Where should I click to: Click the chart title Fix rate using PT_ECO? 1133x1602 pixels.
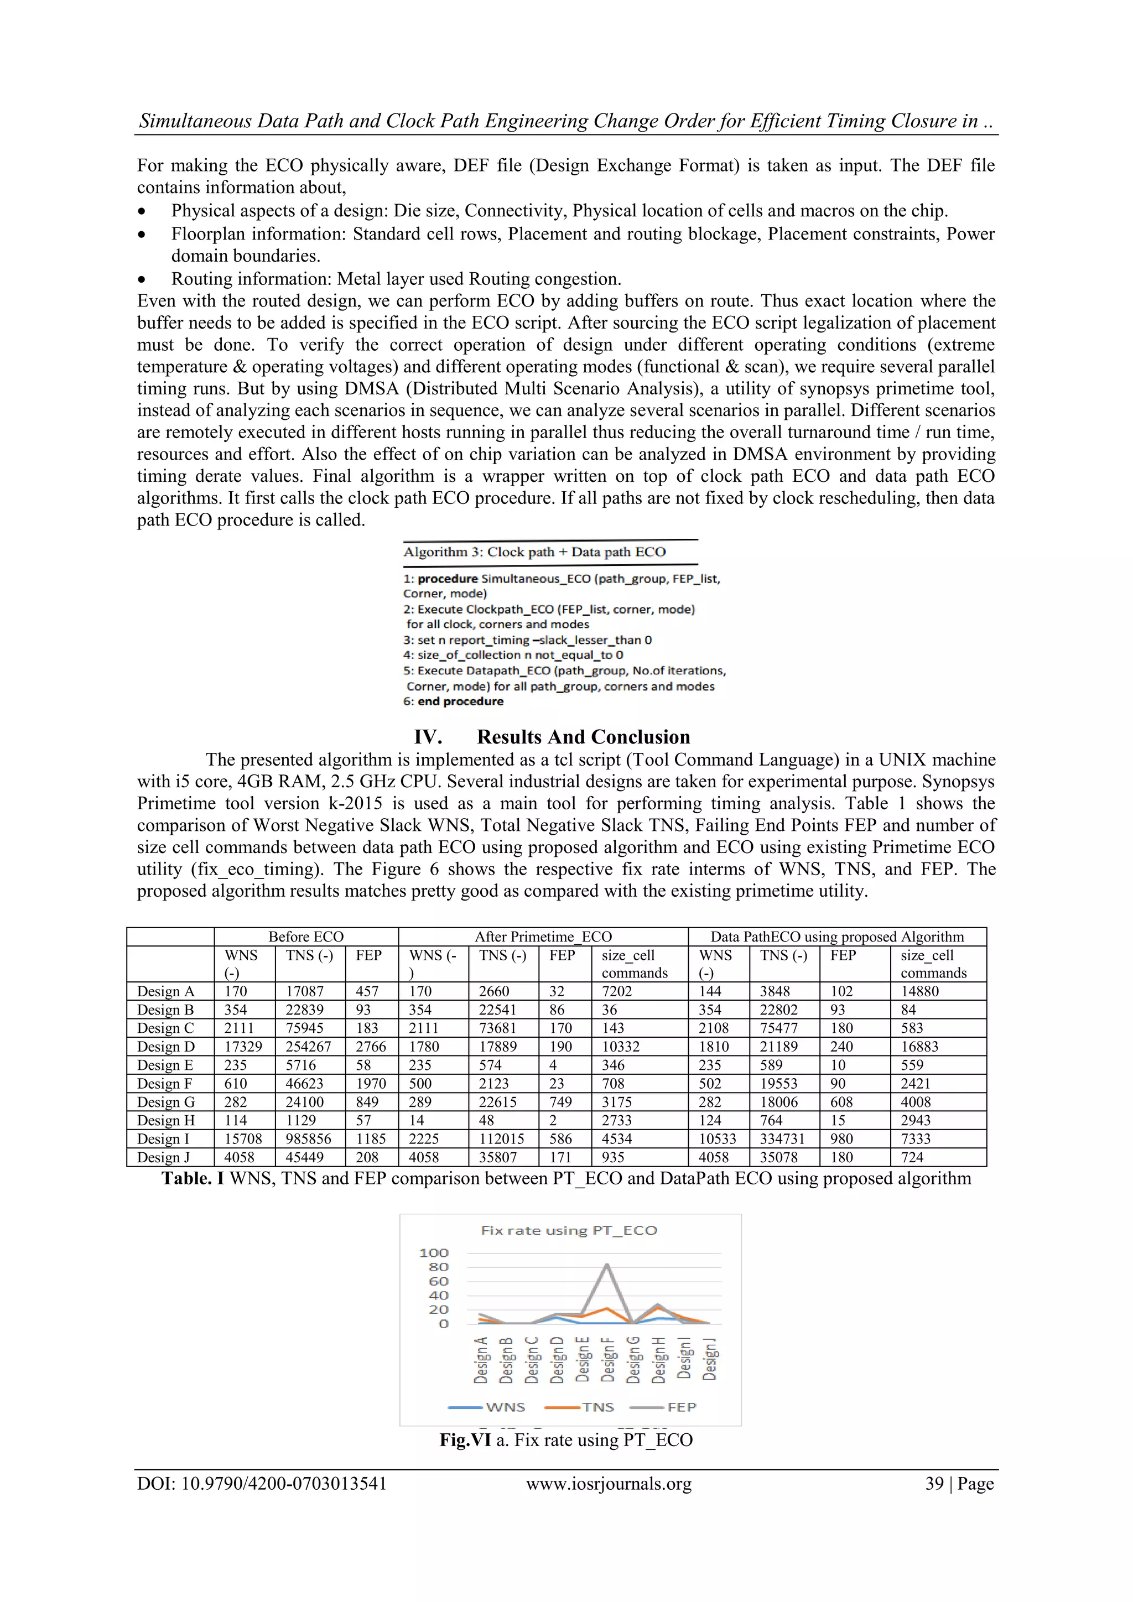click(569, 1230)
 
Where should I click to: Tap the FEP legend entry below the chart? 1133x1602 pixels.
click(681, 1407)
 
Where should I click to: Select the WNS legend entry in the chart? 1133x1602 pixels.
click(505, 1407)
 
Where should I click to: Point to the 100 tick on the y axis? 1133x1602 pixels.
click(433, 1253)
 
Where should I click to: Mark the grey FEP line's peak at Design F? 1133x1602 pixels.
click(607, 1265)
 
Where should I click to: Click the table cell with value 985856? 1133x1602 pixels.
click(308, 1138)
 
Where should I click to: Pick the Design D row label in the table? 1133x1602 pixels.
click(166, 1047)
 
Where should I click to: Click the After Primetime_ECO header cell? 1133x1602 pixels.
click(543, 937)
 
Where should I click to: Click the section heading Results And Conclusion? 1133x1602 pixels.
click(583, 737)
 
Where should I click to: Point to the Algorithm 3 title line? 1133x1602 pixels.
click(534, 552)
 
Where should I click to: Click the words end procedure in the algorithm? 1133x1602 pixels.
click(460, 701)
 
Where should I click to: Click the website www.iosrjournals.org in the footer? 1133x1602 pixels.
click(609, 1484)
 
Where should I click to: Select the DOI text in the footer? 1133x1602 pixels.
click(262, 1484)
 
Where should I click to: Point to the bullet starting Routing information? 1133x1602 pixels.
click(396, 279)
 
